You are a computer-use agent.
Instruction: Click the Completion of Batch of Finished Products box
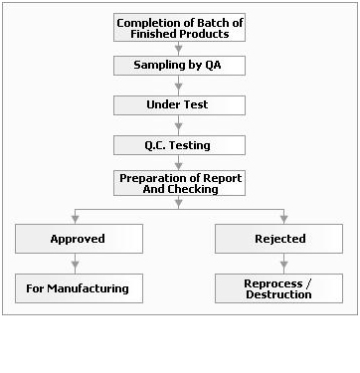(x=179, y=28)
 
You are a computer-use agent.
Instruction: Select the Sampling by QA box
(x=179, y=66)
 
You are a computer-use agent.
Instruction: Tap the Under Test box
(x=179, y=104)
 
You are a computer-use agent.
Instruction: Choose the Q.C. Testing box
(x=179, y=144)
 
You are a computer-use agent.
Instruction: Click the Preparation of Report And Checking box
(x=179, y=183)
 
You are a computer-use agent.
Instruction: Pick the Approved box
(x=77, y=239)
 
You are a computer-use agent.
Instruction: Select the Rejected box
(x=279, y=239)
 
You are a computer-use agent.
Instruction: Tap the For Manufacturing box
(x=77, y=288)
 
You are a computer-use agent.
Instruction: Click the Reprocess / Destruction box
(x=279, y=288)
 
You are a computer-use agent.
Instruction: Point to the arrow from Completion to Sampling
(x=179, y=48)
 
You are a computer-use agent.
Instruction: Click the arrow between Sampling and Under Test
(x=179, y=86)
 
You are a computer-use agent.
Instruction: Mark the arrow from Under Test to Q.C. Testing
(x=179, y=124)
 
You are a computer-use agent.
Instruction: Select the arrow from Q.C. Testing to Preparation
(x=179, y=163)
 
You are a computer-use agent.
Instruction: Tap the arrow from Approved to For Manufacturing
(x=77, y=264)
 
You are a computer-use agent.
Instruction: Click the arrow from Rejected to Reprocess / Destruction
(x=283, y=264)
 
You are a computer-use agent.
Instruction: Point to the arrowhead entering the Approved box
(x=77, y=219)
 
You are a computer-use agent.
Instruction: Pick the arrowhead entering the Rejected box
(x=283, y=219)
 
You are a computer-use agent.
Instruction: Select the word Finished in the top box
(x=152, y=34)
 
